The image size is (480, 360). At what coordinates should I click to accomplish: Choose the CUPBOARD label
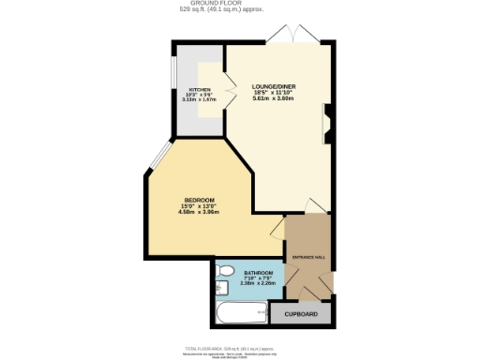pos(300,314)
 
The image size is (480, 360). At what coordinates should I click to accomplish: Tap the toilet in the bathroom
pos(223,272)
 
